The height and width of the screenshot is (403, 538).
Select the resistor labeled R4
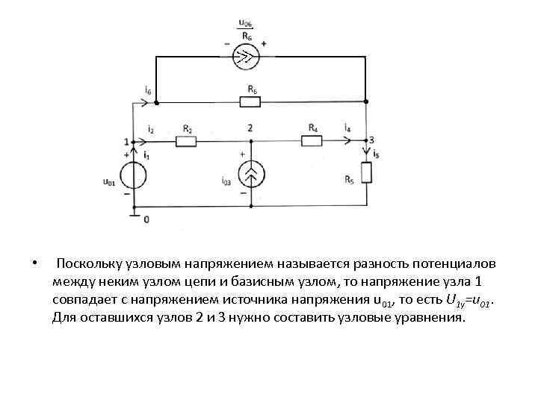(312, 140)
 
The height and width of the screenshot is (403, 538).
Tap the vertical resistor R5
(366, 173)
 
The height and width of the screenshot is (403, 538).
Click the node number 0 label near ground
(146, 219)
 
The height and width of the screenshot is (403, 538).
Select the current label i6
(149, 91)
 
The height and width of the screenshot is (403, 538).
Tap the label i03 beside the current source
(226, 181)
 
